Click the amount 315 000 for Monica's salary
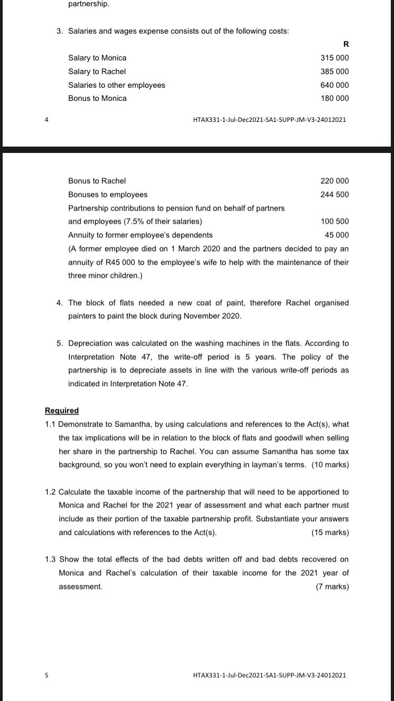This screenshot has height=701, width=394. tap(334, 58)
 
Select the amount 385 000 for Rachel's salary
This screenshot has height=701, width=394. tap(334, 71)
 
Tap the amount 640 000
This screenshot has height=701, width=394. tap(334, 85)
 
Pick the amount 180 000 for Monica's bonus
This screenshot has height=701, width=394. tap(334, 98)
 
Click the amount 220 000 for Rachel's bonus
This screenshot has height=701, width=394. tap(334, 181)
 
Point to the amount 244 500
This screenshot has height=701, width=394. tap(334, 194)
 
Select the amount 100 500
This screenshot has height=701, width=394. tap(334, 221)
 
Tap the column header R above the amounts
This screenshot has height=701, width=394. tap(345, 44)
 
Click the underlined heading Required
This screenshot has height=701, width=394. tap(61, 410)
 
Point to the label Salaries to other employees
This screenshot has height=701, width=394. tap(117, 85)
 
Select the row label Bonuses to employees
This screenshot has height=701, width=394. tap(108, 194)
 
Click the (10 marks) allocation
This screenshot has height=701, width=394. tap(330, 465)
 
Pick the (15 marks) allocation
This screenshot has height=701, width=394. tap(330, 532)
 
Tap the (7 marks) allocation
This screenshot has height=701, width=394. tap(332, 586)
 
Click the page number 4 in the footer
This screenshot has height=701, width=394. tap(46, 120)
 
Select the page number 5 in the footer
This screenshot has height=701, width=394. tap(46, 675)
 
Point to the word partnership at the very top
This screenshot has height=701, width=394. tap(89, 4)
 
